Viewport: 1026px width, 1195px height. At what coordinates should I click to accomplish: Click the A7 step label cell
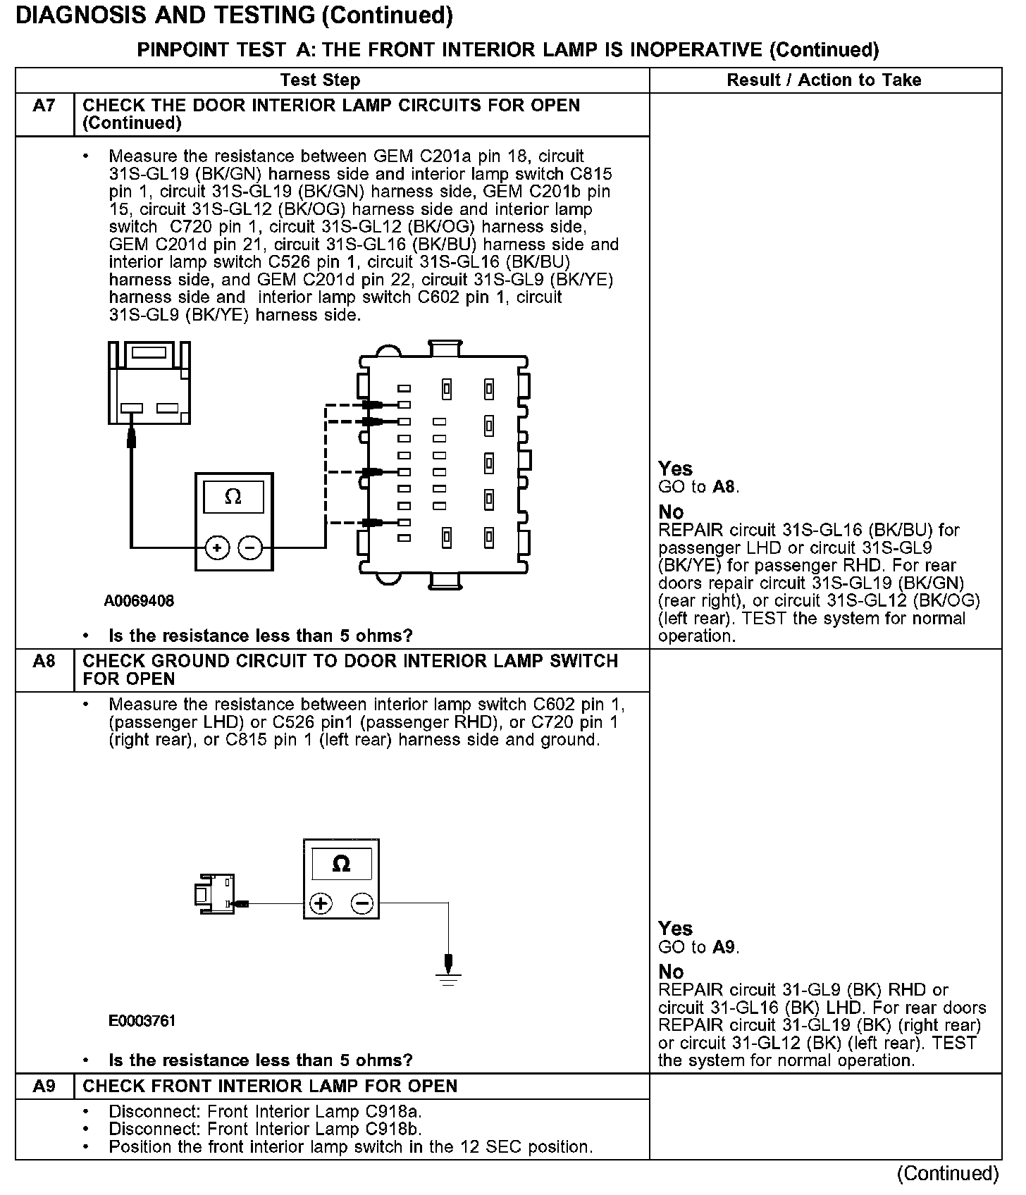click(x=44, y=106)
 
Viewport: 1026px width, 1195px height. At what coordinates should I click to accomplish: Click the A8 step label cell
click(x=44, y=662)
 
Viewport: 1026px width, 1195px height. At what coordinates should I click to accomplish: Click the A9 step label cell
click(x=44, y=1086)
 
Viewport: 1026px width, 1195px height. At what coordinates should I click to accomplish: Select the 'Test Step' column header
click(x=320, y=80)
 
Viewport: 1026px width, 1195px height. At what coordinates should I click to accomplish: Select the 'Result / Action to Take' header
click(x=824, y=80)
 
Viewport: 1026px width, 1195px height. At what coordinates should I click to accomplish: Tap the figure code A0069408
click(x=139, y=601)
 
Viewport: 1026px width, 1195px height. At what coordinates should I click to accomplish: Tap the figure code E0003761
click(x=142, y=1021)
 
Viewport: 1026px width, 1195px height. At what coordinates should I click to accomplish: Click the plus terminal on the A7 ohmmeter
click(x=217, y=547)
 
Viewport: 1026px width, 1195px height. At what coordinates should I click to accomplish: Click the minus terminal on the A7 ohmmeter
click(x=249, y=547)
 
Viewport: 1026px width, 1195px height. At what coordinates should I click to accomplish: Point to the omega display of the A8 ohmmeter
click(x=341, y=864)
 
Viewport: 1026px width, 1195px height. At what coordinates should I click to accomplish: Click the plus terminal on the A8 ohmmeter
click(x=321, y=903)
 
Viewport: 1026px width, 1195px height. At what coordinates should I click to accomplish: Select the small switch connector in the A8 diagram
click(x=214, y=895)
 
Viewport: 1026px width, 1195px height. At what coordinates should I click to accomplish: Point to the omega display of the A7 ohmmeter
click(x=233, y=497)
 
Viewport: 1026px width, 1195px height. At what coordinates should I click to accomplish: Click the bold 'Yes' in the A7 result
click(x=675, y=469)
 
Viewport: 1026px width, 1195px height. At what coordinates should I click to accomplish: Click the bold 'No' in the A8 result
click(x=671, y=972)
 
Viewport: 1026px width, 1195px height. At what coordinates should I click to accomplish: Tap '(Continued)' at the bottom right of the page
click(x=947, y=1173)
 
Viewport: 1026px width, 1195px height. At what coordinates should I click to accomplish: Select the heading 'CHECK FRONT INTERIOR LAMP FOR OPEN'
click(x=270, y=1086)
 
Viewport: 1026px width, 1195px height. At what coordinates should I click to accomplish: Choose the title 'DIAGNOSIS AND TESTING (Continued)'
click(x=234, y=16)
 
